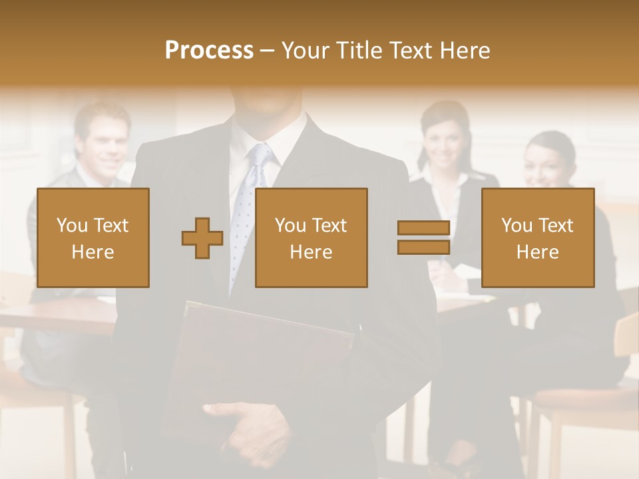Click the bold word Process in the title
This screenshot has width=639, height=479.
point(209,51)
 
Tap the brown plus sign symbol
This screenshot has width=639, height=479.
point(202,238)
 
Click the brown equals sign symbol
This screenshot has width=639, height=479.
point(423,238)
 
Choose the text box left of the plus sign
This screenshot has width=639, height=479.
point(93,238)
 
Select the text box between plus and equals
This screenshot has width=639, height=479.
point(312,238)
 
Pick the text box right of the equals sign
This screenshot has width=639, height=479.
point(538,238)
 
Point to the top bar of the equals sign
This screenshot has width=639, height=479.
point(423,228)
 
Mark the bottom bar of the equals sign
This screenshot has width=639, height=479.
point(423,247)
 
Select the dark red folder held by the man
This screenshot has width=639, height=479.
point(260,359)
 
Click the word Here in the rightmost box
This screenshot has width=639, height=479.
point(538,252)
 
